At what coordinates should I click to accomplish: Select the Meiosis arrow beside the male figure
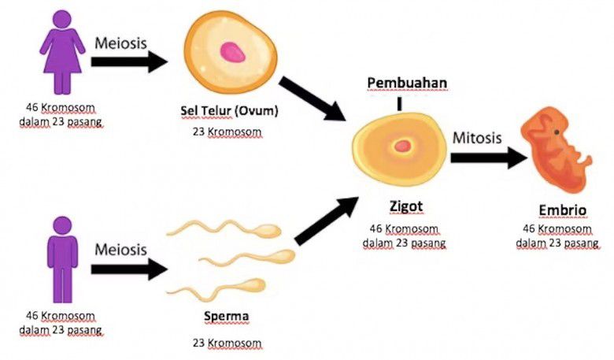coord(129,269)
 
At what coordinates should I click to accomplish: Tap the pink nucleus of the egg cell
coord(232,52)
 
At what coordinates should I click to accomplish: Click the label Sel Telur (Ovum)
coord(229,110)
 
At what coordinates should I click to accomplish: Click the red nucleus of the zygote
coord(404,145)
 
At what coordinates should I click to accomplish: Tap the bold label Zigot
coord(405,206)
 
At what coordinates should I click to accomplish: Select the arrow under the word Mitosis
coord(488,158)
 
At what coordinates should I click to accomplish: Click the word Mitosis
coord(477,137)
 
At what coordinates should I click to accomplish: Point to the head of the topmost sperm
coord(268,232)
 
